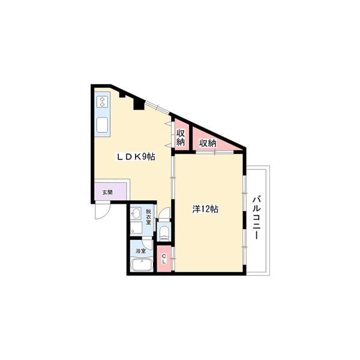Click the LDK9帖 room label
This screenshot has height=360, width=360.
[136, 157]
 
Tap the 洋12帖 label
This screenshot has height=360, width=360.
[205, 209]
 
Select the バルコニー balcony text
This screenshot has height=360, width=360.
[257, 217]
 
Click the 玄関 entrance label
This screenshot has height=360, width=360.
[107, 193]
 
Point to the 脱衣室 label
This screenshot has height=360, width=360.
[149, 217]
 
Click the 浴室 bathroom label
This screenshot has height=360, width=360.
[140, 251]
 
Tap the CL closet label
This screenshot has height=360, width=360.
[164, 259]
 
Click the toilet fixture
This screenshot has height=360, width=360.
[164, 232]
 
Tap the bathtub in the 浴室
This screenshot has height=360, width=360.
[142, 265]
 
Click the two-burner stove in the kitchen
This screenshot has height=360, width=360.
[102, 102]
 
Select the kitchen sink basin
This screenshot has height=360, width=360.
[102, 125]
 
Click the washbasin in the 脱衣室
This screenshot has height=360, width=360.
[136, 213]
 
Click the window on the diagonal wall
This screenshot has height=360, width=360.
[157, 107]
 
